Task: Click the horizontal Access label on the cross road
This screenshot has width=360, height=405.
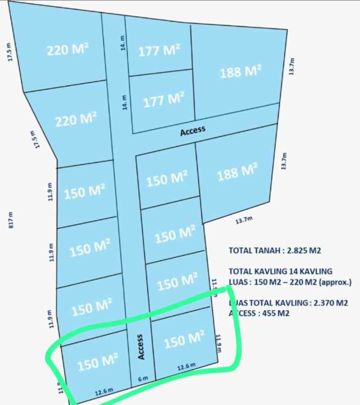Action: coord(193,130)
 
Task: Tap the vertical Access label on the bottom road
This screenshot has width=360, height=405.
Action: coord(141,347)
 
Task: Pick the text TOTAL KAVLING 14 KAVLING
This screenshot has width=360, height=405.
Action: coord(280,272)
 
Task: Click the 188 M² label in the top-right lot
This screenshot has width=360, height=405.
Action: coord(241,72)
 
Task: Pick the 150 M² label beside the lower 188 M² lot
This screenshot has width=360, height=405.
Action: coord(167,179)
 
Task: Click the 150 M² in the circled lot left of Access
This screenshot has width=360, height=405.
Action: coord(98,362)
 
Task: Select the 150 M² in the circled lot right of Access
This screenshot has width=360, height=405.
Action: coord(185,340)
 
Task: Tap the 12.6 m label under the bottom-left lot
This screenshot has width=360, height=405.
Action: coord(104,391)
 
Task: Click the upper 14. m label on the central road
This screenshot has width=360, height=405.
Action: coord(122,43)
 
